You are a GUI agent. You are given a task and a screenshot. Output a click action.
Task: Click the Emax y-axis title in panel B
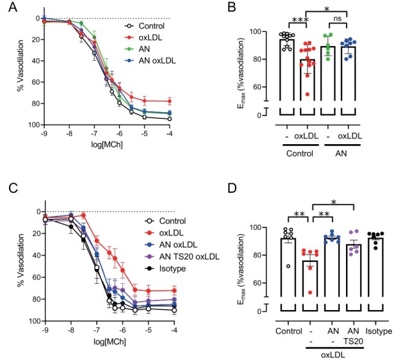[242, 69]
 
